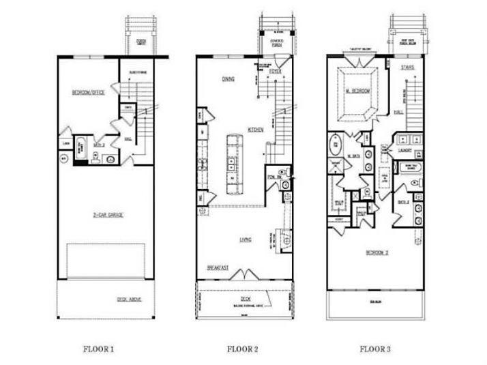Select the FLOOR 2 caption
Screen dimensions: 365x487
click(x=242, y=349)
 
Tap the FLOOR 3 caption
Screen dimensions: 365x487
click(x=376, y=349)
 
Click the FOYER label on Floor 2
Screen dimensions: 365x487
click(x=275, y=70)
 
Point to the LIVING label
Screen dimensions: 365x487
click(x=246, y=239)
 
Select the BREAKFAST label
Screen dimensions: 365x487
click(x=217, y=268)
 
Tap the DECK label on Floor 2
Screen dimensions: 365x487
click(x=245, y=298)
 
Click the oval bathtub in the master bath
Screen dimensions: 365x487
click(x=337, y=146)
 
